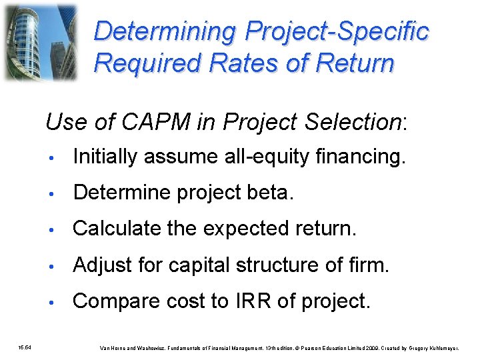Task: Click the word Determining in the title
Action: [166, 32]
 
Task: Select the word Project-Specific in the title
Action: [337, 32]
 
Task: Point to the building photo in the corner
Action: [41, 41]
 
